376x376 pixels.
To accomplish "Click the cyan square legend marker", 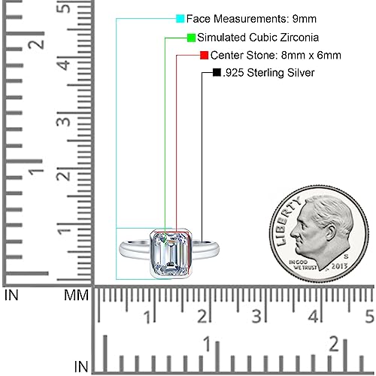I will (x=180, y=17).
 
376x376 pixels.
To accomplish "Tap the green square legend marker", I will (x=191, y=37).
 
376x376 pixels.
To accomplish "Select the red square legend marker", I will (x=204, y=55).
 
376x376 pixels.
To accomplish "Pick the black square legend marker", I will (x=217, y=73).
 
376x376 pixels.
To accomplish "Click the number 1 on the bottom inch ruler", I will (x=207, y=344).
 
